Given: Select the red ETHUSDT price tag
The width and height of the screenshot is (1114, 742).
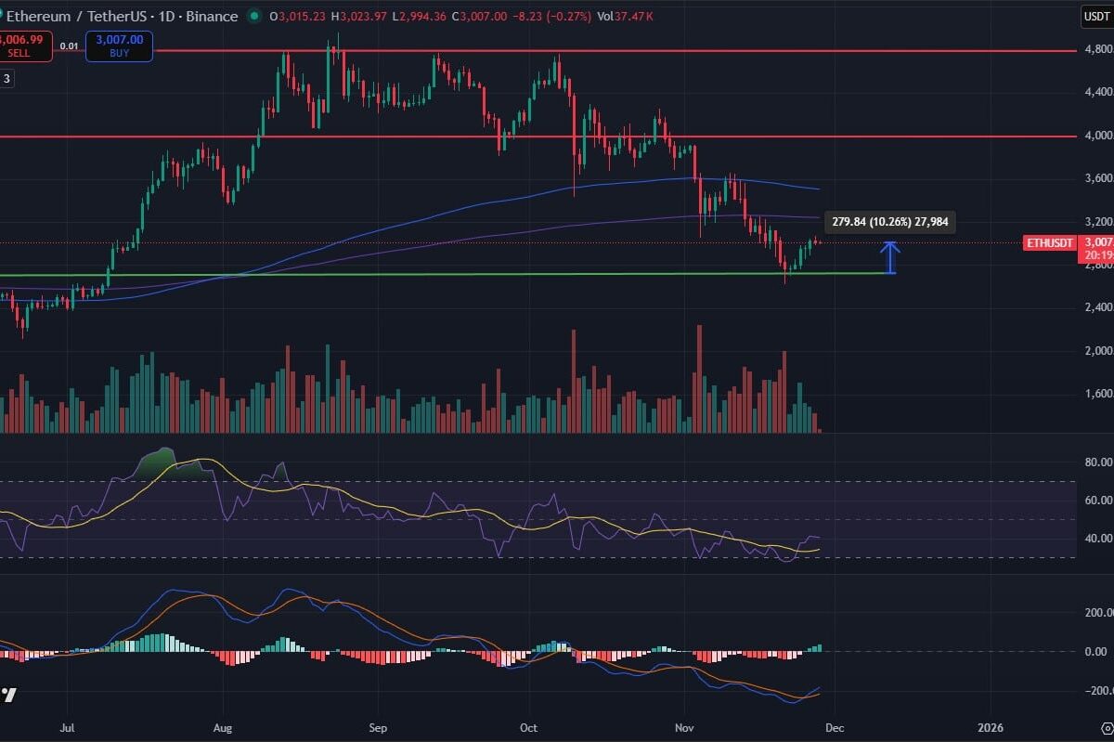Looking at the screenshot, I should [x=1049, y=243].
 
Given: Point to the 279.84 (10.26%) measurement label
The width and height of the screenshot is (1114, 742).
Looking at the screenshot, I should [x=888, y=221].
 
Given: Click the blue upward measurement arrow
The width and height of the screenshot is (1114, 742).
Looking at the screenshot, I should [x=890, y=257].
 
